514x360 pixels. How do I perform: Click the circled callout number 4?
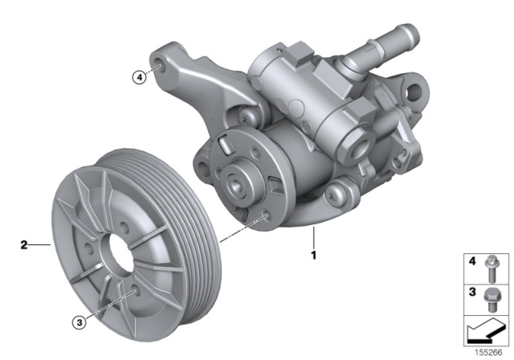click(x=140, y=77)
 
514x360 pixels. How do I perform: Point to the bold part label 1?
click(x=314, y=256)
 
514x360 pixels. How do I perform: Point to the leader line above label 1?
click(x=314, y=239)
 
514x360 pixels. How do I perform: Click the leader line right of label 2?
click(x=40, y=242)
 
